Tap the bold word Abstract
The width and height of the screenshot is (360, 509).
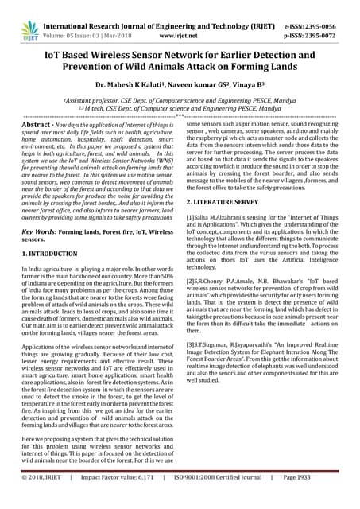(37, 126)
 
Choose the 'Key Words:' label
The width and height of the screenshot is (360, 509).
(39, 231)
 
